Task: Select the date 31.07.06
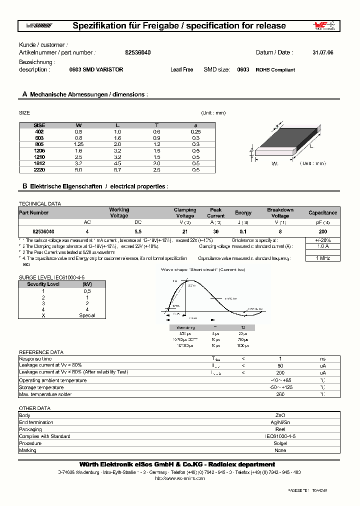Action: click(322, 52)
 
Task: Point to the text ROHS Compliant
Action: click(275, 70)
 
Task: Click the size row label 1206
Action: click(39, 150)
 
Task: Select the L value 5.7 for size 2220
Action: click(117, 169)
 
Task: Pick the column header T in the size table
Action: click(156, 124)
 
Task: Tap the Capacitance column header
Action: click(322, 213)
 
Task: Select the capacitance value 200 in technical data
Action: click(323, 231)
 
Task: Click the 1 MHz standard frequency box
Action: click(323, 258)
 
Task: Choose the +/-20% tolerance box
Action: click(323, 240)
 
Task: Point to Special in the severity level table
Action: click(87, 315)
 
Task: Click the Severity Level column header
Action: click(43, 284)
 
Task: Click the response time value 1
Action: click(280, 359)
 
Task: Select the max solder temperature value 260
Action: click(280, 394)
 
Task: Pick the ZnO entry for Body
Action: click(280, 415)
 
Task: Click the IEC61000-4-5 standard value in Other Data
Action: click(280, 436)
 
